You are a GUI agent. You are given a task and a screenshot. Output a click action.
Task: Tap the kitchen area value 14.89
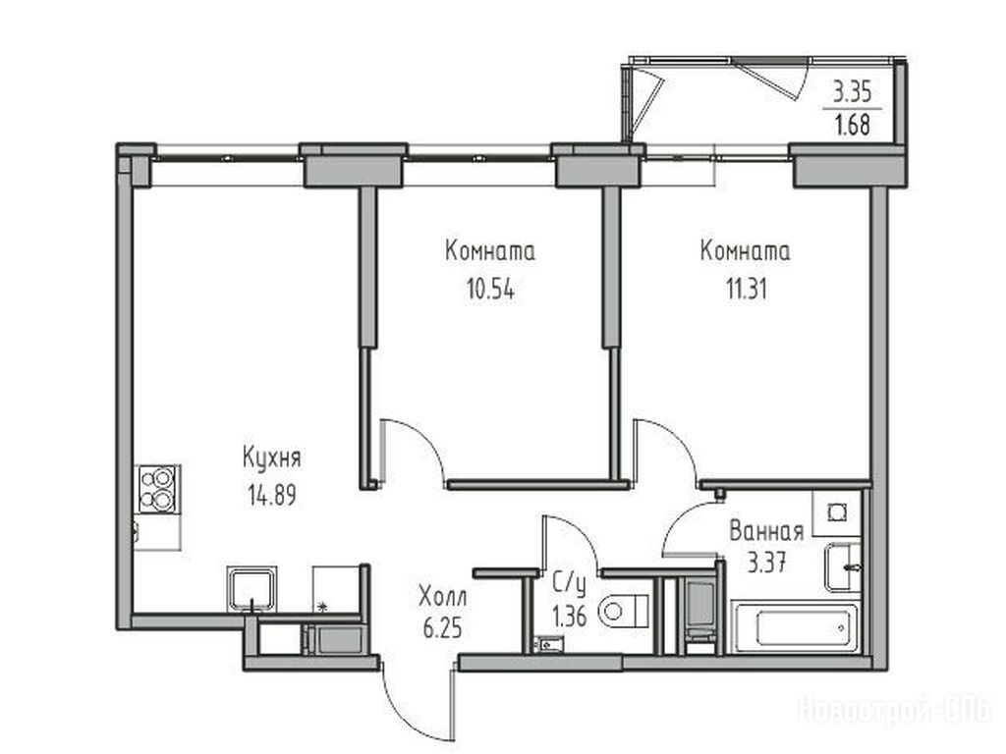click(x=272, y=495)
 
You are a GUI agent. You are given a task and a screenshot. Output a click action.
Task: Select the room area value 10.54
click(x=491, y=290)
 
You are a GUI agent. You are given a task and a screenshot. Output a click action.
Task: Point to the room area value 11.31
click(x=747, y=290)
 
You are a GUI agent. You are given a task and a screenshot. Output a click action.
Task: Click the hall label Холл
click(x=443, y=597)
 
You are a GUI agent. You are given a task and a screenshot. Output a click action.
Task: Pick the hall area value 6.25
click(x=443, y=627)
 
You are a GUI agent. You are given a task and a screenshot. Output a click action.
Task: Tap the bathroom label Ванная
click(x=766, y=531)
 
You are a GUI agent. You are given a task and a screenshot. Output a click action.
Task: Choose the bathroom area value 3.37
click(x=766, y=564)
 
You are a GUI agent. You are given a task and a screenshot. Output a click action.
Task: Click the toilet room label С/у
click(x=570, y=584)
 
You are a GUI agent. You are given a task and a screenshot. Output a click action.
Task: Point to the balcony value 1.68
click(x=852, y=125)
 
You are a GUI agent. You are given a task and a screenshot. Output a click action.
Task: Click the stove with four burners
click(x=157, y=489)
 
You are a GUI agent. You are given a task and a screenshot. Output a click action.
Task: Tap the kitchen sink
click(x=252, y=589)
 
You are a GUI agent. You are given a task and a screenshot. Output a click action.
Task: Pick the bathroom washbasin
click(x=842, y=567)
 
